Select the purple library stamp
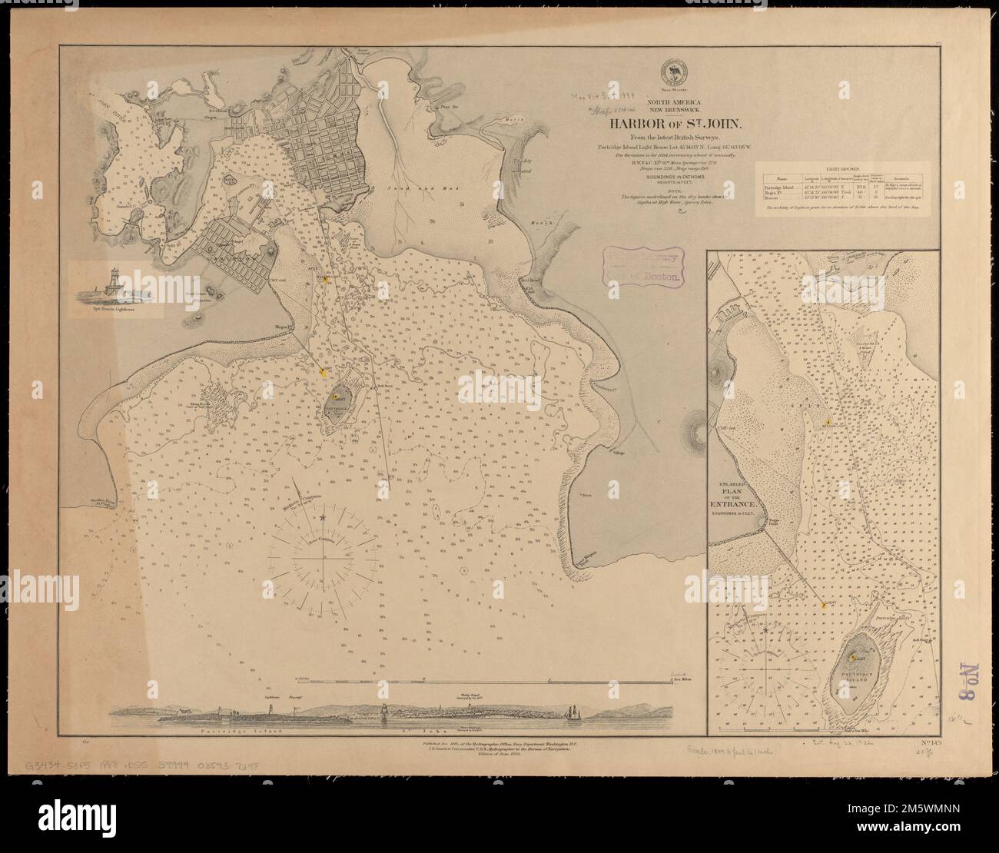pyautogui.click(x=644, y=266)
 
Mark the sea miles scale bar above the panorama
pyautogui.click(x=484, y=679)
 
